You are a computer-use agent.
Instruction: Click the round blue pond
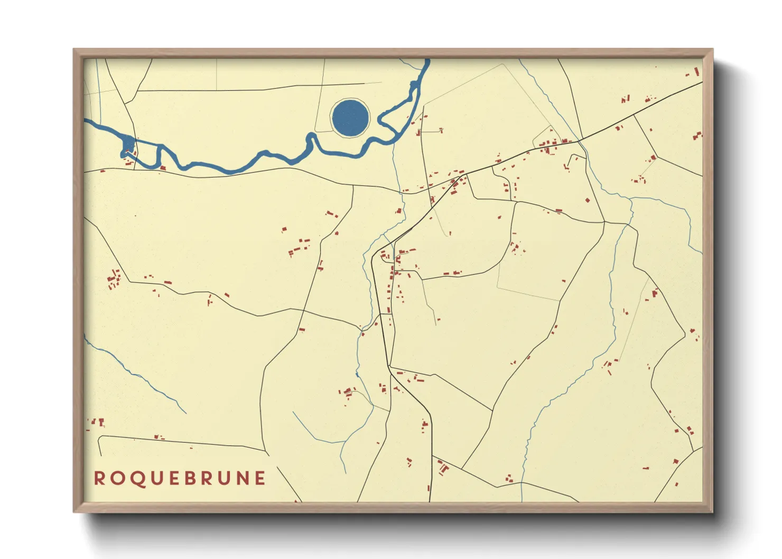click(350, 117)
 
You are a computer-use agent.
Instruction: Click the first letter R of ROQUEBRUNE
click(99, 478)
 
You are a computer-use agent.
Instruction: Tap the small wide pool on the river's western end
click(128, 144)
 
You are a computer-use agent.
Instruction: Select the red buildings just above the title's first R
click(98, 422)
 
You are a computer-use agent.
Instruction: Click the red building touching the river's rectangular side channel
click(163, 168)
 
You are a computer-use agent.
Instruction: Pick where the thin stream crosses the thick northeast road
click(580, 140)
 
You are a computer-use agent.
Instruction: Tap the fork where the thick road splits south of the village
click(390, 367)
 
